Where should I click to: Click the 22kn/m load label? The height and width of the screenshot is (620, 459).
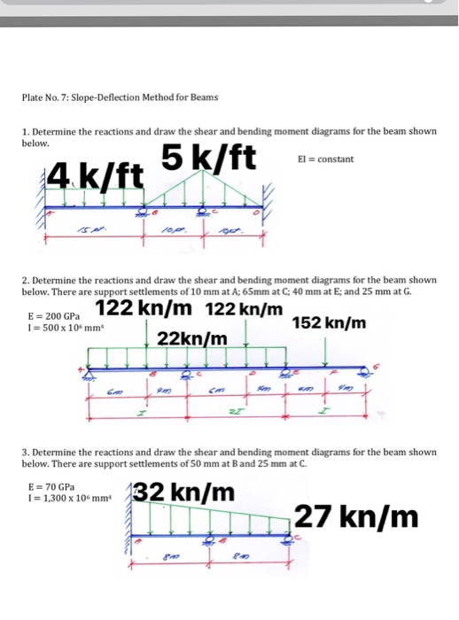click(192, 339)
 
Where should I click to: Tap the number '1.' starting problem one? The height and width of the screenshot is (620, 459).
click(25, 131)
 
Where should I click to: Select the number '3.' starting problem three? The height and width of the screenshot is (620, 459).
click(25, 452)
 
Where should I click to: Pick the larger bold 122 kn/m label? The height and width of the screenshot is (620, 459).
click(144, 309)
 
